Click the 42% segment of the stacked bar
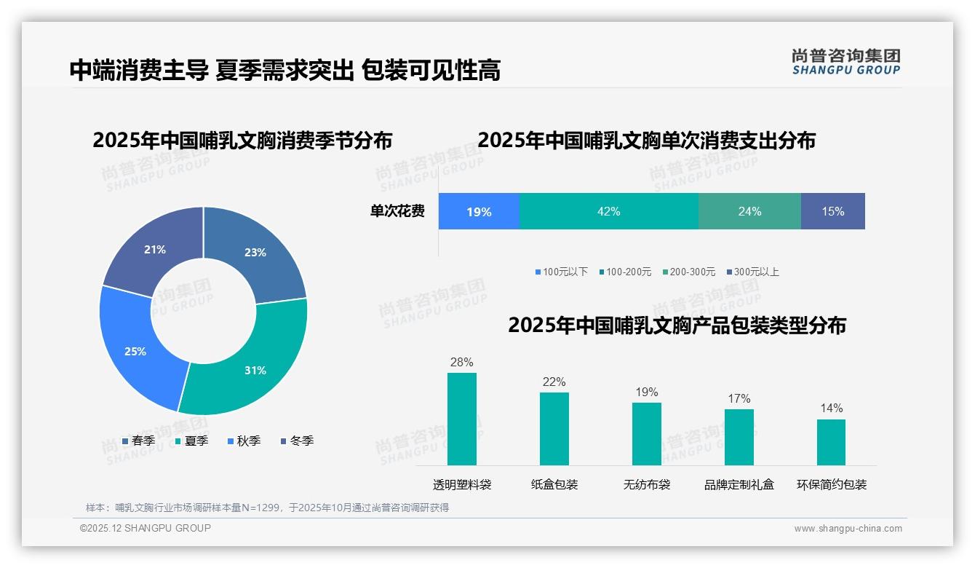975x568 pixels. [x=609, y=211]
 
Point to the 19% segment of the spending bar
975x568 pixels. [x=479, y=211]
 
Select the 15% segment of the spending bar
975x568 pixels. [x=833, y=211]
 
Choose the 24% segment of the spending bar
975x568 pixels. [x=749, y=211]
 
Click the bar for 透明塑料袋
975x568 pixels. [x=462, y=419]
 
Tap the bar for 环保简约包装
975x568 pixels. [x=831, y=442]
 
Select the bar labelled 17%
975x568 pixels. [x=739, y=437]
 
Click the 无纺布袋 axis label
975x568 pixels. [x=647, y=485]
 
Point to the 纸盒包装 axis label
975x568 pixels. [x=554, y=485]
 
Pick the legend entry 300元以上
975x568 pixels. [x=752, y=272]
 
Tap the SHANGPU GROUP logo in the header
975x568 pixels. [x=845, y=61]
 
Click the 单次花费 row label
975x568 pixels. [x=397, y=211]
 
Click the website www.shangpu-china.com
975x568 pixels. [x=848, y=528]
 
